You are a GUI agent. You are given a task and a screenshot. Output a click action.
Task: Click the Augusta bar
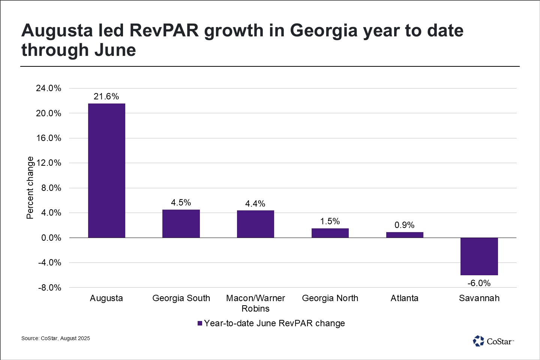click(x=106, y=171)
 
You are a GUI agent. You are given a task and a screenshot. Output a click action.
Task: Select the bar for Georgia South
click(x=181, y=223)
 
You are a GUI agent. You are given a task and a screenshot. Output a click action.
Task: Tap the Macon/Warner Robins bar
click(x=255, y=224)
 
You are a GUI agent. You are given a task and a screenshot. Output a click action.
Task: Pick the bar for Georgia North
click(x=330, y=233)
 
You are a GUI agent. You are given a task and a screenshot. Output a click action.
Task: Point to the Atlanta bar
click(x=405, y=235)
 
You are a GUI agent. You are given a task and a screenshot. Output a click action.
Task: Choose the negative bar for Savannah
click(x=479, y=256)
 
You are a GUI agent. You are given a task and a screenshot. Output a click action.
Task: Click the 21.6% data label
click(x=106, y=96)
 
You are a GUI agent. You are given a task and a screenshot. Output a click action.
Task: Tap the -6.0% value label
click(x=479, y=283)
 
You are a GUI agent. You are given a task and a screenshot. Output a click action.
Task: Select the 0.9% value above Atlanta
click(x=405, y=225)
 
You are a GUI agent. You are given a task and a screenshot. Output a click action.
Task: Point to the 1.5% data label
click(x=330, y=221)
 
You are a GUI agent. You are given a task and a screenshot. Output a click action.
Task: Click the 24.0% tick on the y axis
click(x=49, y=88)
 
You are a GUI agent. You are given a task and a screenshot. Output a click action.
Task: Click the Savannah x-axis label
click(x=479, y=298)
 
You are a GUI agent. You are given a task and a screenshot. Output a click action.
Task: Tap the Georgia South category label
click(x=181, y=298)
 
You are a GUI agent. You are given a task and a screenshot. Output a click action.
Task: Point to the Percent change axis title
click(x=30, y=187)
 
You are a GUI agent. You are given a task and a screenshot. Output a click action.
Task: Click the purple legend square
click(x=200, y=323)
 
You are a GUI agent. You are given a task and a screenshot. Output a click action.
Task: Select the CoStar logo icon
click(x=478, y=341)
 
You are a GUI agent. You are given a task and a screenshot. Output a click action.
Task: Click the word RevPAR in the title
click(x=165, y=31)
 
